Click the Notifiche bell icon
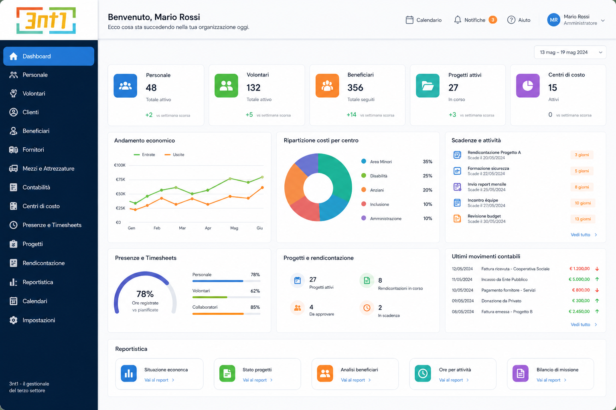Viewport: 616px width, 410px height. (x=457, y=20)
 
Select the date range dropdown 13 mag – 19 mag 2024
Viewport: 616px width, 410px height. (x=570, y=52)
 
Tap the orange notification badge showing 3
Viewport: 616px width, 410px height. (x=492, y=20)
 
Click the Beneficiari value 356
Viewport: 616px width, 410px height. (x=355, y=88)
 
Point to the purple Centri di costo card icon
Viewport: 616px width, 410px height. (x=527, y=86)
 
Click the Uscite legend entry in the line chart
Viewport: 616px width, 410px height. (x=174, y=155)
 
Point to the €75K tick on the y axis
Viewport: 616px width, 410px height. (x=120, y=180)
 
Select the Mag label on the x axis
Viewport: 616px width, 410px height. (x=234, y=228)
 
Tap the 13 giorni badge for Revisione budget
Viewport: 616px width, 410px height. (x=582, y=219)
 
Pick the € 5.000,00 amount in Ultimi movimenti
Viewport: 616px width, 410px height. (x=579, y=279)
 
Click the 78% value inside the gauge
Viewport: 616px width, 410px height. (x=145, y=294)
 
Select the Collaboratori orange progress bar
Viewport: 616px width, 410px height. (x=218, y=314)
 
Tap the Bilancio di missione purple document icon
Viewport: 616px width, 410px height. (x=520, y=373)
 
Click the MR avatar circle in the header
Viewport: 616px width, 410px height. (x=553, y=20)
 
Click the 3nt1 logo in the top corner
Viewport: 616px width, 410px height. (x=46, y=20)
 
